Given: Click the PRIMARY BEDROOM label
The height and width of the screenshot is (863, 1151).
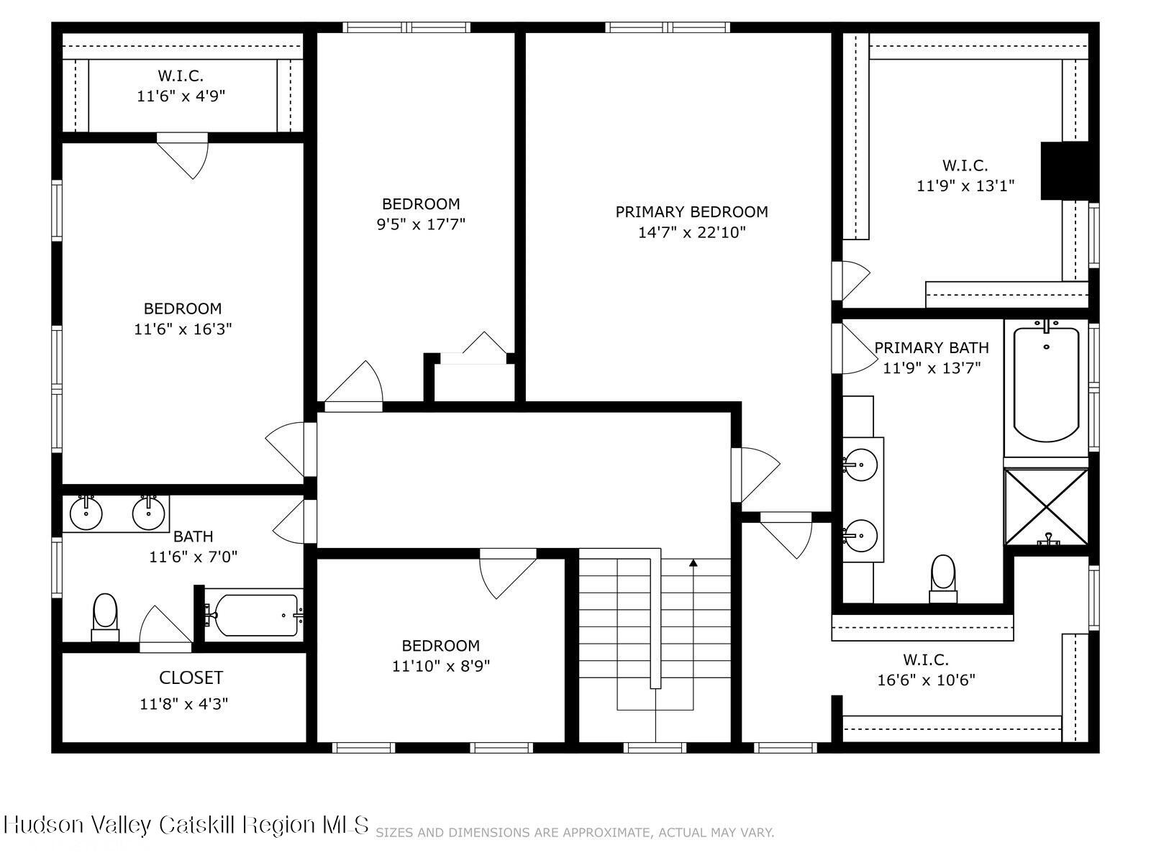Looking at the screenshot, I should coord(691,212).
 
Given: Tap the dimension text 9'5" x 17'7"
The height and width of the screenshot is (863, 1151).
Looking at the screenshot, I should coord(421,224).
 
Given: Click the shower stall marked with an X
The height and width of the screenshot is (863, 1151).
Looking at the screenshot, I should coord(1046,507).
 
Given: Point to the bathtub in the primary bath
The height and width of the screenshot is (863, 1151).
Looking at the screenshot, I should coord(1046,385).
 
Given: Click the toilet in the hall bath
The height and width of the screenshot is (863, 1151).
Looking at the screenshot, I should coord(105,615).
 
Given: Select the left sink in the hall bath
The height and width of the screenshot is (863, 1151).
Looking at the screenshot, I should coord(86,513).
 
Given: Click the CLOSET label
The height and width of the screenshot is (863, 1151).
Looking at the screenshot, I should coord(191,677).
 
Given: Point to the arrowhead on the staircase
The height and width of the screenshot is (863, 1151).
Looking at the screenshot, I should coord(693,563).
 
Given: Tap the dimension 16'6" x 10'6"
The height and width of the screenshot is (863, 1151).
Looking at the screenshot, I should coord(926,680).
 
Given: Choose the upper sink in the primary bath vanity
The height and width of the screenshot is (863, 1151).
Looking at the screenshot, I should coord(860,465).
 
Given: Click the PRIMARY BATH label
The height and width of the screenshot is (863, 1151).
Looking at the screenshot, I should coord(931,348).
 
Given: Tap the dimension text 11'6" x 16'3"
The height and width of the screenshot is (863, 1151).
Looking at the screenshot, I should coord(183,329).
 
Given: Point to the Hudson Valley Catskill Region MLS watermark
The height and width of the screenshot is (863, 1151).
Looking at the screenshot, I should coord(186,824).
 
